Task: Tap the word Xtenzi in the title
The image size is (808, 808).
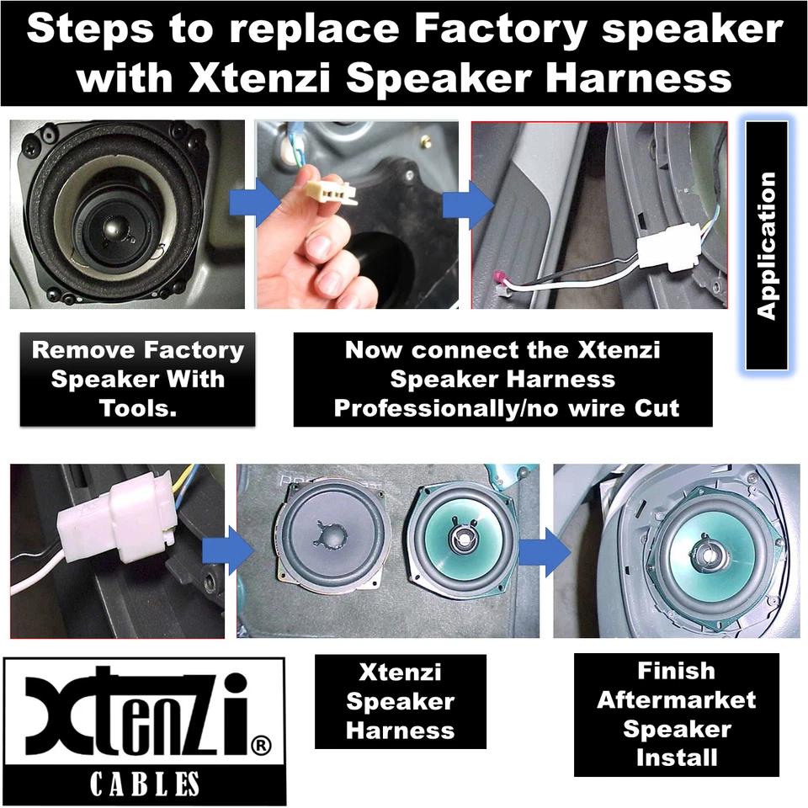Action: [x=262, y=77]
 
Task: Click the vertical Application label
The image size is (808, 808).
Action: [x=766, y=245]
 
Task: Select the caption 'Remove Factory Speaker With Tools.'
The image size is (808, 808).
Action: [x=137, y=379]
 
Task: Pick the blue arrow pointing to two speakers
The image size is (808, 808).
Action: [x=239, y=551]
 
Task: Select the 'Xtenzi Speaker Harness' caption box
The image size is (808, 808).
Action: [x=400, y=701]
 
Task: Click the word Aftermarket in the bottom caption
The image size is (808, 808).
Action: [x=676, y=700]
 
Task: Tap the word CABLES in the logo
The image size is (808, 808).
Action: [x=145, y=784]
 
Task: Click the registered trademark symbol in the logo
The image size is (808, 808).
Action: [x=261, y=744]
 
